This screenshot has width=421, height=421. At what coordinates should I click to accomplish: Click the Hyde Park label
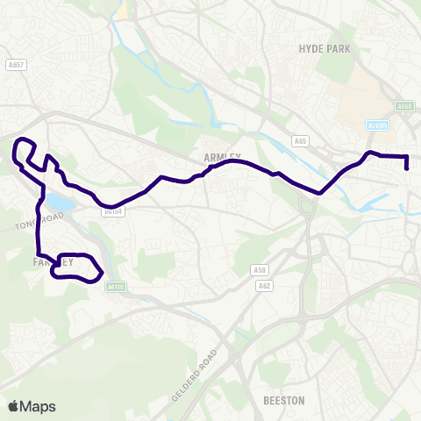tap(324, 50)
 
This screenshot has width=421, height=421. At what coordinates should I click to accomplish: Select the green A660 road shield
tap(404, 107)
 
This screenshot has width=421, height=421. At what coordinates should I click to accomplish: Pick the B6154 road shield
tap(111, 211)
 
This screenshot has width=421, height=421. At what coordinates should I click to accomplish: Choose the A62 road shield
tap(264, 285)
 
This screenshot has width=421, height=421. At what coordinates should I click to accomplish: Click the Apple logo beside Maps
tap(12, 406)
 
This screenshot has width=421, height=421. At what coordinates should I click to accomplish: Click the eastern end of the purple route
tap(407, 168)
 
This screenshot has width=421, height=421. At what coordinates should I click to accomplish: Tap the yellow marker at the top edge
tap(125, 7)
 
